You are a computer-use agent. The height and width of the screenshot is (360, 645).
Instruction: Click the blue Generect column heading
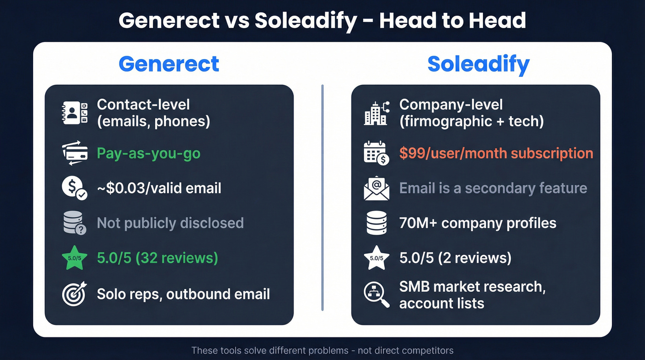coord(169,64)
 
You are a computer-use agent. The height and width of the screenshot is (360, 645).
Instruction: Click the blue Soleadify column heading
coord(478,64)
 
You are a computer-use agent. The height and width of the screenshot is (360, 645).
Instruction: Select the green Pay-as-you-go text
coord(148,153)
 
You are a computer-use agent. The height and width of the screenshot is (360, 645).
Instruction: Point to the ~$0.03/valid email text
coord(159,188)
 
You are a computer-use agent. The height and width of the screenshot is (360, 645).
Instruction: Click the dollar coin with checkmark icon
coord(74,189)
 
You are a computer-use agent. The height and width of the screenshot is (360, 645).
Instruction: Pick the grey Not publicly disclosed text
coord(170,223)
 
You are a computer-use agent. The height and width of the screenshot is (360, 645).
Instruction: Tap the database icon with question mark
coord(74,223)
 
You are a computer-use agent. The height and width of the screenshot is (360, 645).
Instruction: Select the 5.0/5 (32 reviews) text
coord(157,258)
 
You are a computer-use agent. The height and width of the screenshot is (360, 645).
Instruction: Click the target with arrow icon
coord(74,294)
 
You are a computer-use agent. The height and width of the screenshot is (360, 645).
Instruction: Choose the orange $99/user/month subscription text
coord(496,153)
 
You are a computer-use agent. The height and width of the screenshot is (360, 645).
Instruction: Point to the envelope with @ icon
coord(376,189)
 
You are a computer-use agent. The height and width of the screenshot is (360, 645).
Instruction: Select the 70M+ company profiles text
coord(478,223)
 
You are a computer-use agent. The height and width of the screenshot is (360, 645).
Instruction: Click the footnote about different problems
coord(322,351)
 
